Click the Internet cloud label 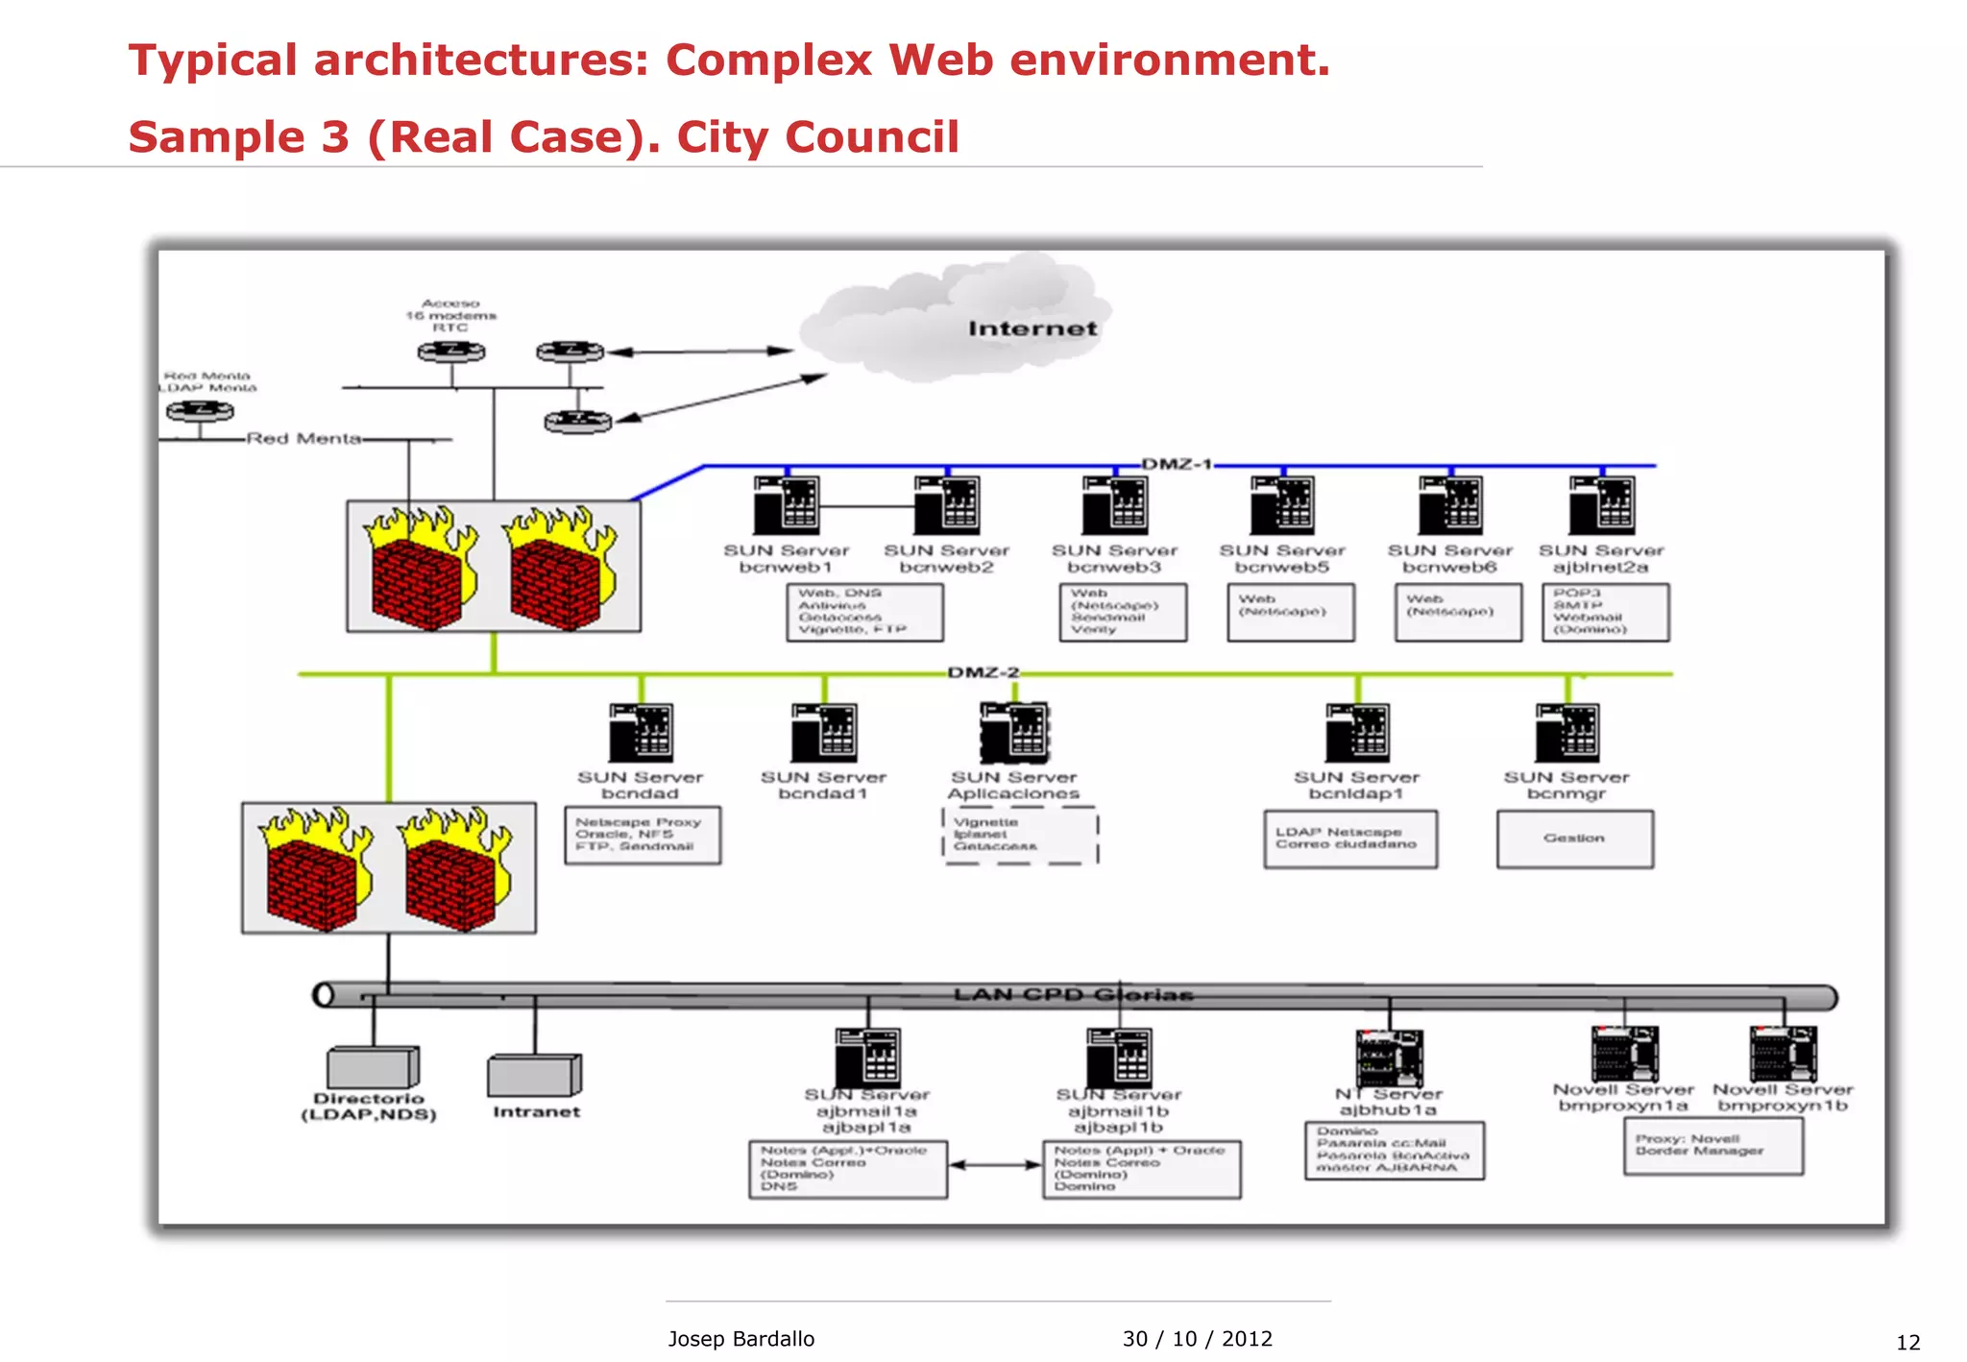[x=1032, y=328]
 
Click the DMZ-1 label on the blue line [x=1176, y=464]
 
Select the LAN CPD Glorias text [x=1073, y=994]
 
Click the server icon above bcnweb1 [x=787, y=505]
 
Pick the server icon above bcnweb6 [x=1450, y=505]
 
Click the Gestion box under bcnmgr [x=1574, y=839]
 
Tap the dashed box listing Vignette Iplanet [x=1020, y=835]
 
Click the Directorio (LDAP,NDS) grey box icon [x=373, y=1067]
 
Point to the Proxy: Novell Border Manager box [x=1712, y=1146]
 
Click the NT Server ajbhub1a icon [x=1389, y=1057]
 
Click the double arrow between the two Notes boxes [x=995, y=1165]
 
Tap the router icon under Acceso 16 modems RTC [x=451, y=352]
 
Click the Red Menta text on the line [x=304, y=438]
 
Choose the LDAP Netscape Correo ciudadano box [x=1349, y=839]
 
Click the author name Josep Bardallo [x=741, y=1338]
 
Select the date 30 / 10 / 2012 [x=1197, y=1338]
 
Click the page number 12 [x=1907, y=1343]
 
